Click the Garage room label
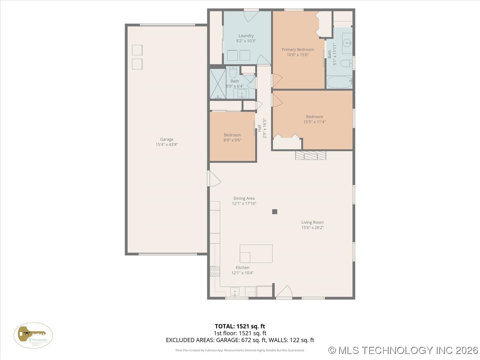[x=166, y=139]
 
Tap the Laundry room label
[x=246, y=36]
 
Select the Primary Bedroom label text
[x=298, y=49]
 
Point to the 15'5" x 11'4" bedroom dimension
[x=314, y=122]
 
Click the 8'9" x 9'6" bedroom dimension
[x=232, y=140]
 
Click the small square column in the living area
[x=275, y=212]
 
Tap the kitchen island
[x=256, y=254]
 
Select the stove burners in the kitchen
[x=215, y=271]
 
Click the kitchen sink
[x=235, y=292]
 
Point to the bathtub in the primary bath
[x=339, y=82]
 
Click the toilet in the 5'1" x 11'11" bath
[x=346, y=63]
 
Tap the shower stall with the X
[x=218, y=84]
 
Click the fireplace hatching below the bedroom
[x=310, y=156]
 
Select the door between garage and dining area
[x=213, y=179]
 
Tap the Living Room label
[x=312, y=222]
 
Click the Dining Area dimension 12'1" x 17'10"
[x=244, y=204]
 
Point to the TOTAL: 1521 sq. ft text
[x=240, y=326]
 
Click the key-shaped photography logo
[x=33, y=335]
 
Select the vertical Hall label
[x=259, y=128]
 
